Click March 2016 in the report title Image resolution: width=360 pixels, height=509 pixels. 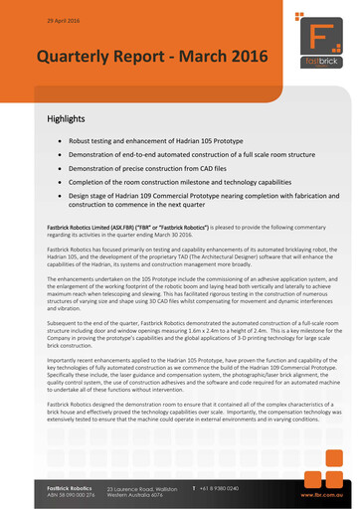pos(208,58)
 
